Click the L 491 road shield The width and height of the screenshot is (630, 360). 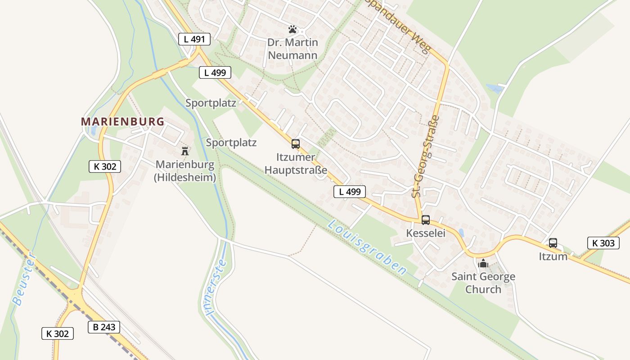[x=194, y=39]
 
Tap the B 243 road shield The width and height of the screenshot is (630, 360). [x=104, y=327]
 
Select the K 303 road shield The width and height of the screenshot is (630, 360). [x=603, y=243]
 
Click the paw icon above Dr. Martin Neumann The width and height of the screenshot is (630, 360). [x=293, y=30]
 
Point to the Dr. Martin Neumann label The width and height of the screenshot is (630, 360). [x=292, y=49]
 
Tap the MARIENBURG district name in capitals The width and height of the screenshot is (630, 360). [x=123, y=121]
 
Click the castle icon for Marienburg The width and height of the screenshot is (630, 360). [x=184, y=151]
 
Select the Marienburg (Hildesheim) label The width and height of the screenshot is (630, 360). [x=185, y=171]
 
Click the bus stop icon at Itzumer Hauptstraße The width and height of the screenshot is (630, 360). [x=296, y=144]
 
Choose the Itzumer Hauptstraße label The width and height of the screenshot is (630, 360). [x=296, y=164]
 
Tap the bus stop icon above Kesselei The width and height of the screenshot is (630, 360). [x=425, y=220]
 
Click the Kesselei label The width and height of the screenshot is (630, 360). [x=426, y=233]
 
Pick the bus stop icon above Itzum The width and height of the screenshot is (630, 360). [x=553, y=243]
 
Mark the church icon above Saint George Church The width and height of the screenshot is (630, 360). [x=483, y=263]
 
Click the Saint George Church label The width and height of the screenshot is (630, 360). [x=483, y=283]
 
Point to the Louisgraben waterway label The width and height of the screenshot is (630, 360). [x=367, y=247]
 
